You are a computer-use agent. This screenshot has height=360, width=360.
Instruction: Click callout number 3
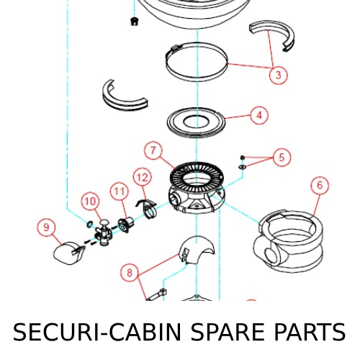click(x=278, y=75)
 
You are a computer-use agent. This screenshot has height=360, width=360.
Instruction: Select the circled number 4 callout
click(x=259, y=115)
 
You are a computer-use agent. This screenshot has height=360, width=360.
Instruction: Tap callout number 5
click(x=282, y=158)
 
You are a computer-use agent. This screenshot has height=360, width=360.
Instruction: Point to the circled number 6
click(x=320, y=185)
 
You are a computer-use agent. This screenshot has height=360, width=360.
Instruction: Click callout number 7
click(x=153, y=150)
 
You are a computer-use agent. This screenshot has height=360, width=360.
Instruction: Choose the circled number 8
click(x=130, y=272)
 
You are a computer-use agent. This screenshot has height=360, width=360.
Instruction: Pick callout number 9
click(x=46, y=227)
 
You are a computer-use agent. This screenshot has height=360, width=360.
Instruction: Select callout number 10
click(x=90, y=201)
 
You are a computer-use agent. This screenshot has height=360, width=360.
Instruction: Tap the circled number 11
click(x=120, y=192)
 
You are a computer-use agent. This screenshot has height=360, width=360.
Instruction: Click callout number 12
click(x=143, y=177)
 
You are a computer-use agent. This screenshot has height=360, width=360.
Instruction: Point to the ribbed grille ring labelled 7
click(x=197, y=175)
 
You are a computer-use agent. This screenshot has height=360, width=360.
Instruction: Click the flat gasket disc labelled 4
click(x=197, y=123)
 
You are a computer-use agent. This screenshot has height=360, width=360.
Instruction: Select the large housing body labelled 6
click(x=288, y=243)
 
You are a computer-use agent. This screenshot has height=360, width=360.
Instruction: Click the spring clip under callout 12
click(x=148, y=207)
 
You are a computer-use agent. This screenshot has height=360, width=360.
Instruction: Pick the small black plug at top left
click(x=135, y=21)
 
